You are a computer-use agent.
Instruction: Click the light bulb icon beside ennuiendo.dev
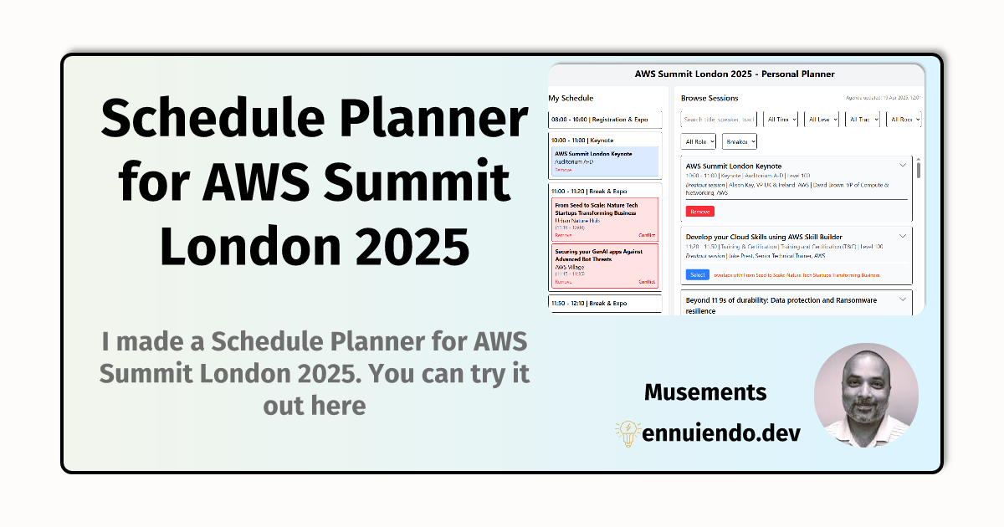click(x=627, y=432)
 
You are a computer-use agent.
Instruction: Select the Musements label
click(x=705, y=391)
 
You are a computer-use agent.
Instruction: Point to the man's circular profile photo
click(x=866, y=395)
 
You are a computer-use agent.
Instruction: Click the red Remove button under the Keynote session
click(x=699, y=212)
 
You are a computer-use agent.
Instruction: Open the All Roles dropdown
click(x=699, y=142)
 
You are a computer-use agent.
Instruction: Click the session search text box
click(x=720, y=120)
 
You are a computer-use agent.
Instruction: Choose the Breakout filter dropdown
click(x=740, y=142)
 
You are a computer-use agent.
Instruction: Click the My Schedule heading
click(x=571, y=99)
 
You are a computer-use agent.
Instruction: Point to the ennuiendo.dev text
click(x=721, y=433)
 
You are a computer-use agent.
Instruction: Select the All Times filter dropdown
click(x=781, y=120)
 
